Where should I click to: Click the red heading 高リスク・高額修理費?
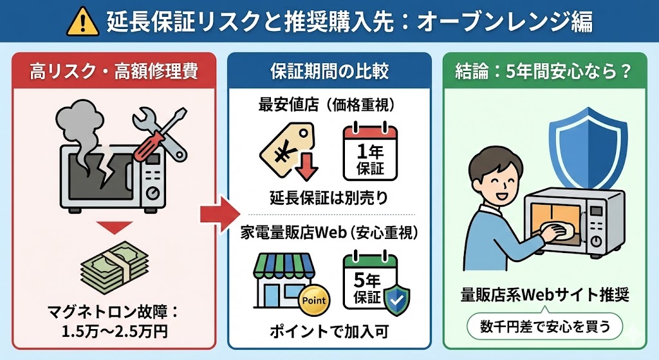tap(113, 70)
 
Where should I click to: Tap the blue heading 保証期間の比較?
tap(329, 70)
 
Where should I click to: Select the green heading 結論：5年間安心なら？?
tap(546, 70)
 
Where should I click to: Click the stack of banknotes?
tap(114, 265)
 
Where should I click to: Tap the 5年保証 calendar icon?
tap(369, 280)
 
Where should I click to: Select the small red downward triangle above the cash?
tap(114, 227)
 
